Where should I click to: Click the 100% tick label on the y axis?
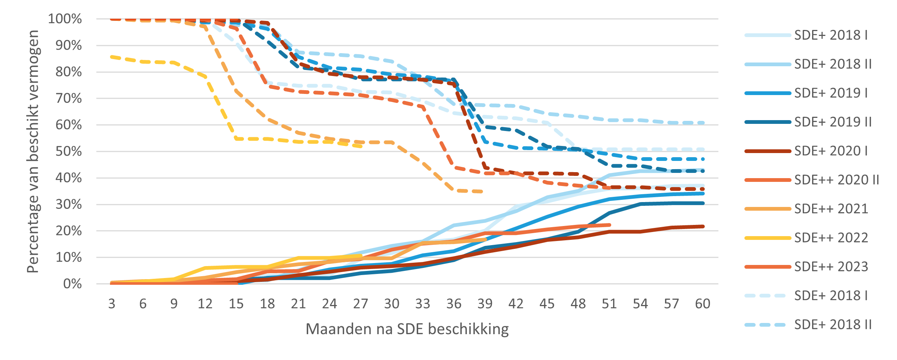[x=65, y=19]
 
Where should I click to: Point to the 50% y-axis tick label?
[x=68, y=152]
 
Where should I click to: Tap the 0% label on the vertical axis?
[x=72, y=284]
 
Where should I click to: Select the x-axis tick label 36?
[x=454, y=304]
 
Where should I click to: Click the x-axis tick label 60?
[x=702, y=304]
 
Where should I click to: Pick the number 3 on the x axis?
[x=111, y=304]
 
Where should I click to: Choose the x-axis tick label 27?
[x=361, y=304]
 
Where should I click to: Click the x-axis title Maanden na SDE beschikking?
[x=407, y=329]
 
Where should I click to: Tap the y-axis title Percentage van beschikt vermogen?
[x=33, y=152]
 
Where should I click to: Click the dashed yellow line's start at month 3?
[x=111, y=57]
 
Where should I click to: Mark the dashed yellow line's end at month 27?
[x=361, y=146]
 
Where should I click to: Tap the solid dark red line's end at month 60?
[x=703, y=226]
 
